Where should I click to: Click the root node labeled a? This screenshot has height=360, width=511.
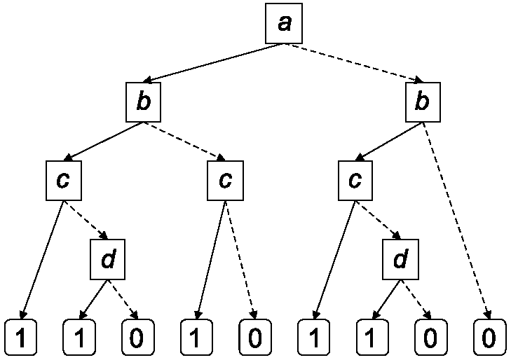tap(284, 23)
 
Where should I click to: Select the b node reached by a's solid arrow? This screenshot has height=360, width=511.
tap(144, 102)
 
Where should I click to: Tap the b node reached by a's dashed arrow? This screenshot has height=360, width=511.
tap(423, 102)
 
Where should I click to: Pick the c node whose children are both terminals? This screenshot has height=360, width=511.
tap(225, 181)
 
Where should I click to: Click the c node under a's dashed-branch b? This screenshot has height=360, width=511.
tap(355, 181)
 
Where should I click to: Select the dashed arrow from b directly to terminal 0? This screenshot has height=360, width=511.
tap(456, 221)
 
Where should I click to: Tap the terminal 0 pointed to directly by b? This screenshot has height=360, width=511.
tap(489, 338)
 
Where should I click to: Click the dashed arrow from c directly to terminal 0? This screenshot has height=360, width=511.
tap(240, 260)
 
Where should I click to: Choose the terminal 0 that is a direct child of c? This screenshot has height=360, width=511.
tap(255, 338)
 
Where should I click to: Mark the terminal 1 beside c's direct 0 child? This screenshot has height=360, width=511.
tap(196, 338)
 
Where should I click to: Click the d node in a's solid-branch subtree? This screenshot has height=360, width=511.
tap(107, 259)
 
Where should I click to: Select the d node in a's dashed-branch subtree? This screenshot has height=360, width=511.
tap(400, 259)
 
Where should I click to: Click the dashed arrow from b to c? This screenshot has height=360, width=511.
tap(184, 141)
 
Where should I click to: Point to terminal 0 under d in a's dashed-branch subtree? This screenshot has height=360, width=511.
tap(430, 338)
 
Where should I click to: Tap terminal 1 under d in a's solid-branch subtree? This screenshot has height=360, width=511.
tap(79, 338)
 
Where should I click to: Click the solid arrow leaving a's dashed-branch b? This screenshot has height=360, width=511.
tap(389, 141)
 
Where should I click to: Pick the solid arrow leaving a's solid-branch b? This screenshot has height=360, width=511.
tap(103, 141)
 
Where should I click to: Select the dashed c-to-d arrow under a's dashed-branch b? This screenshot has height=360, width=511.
tap(378, 220)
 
